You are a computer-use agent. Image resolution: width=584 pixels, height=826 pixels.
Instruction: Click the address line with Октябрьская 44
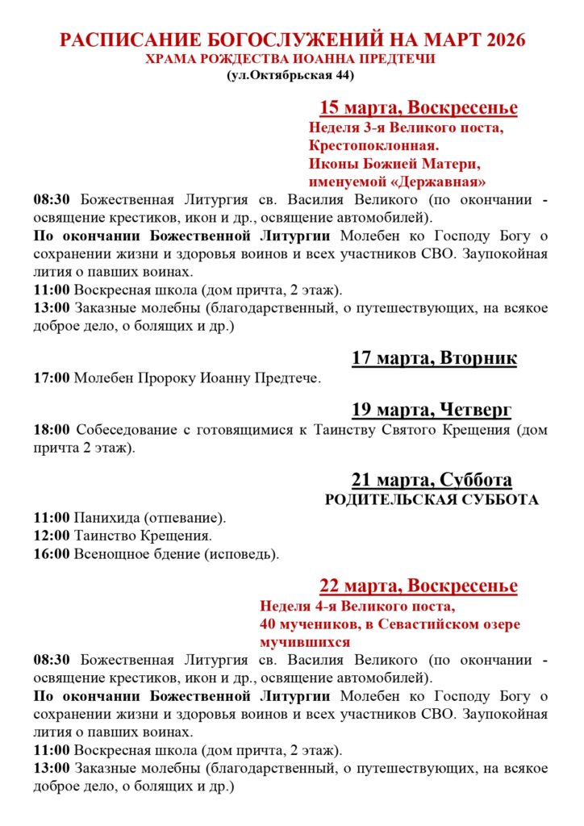pos(291,76)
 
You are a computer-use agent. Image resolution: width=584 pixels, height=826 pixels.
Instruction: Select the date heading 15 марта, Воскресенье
pos(419,108)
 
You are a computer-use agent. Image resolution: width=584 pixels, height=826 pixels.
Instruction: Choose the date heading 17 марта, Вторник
pos(434,358)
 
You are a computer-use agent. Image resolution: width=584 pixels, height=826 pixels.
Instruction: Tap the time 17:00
pos(52,378)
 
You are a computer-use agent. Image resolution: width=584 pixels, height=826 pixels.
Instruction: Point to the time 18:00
pos(52,430)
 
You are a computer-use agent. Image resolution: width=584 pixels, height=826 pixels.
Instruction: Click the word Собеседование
pos(127,430)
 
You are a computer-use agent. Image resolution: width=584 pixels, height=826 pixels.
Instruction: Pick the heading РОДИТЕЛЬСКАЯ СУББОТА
pos(431,500)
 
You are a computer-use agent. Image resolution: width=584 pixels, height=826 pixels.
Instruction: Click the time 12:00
pos(52,536)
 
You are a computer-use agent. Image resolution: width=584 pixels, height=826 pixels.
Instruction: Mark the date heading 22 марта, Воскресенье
pos(419,586)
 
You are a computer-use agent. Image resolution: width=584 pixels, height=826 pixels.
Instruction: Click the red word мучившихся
pos(305,642)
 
